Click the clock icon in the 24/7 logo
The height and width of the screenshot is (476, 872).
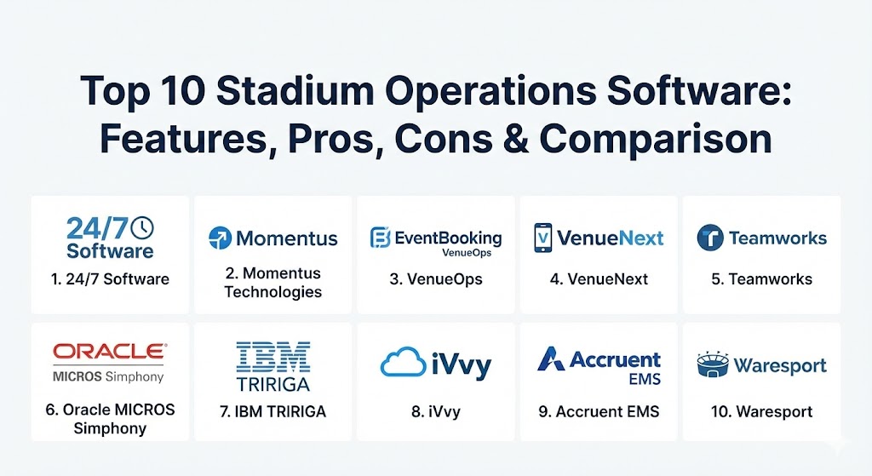click(142, 227)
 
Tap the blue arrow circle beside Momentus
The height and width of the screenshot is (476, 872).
click(220, 238)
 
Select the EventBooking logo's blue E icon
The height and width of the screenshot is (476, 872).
click(380, 238)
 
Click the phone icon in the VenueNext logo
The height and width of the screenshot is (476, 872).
click(542, 238)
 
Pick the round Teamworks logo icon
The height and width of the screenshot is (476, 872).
click(709, 238)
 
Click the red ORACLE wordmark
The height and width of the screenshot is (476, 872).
click(110, 351)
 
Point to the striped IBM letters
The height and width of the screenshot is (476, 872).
click(273, 357)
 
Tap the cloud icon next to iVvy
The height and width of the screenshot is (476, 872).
click(403, 362)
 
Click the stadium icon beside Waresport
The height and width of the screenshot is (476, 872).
click(713, 364)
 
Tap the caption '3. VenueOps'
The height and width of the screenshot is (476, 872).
click(436, 279)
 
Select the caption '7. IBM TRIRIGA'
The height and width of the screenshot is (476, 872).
click(272, 411)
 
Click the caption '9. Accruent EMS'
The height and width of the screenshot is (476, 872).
click(599, 411)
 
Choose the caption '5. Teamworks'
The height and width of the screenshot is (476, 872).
click(762, 279)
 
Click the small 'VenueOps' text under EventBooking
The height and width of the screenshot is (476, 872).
click(467, 253)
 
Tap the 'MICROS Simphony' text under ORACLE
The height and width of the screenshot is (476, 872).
click(108, 376)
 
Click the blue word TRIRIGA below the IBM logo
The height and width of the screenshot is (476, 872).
click(273, 384)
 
